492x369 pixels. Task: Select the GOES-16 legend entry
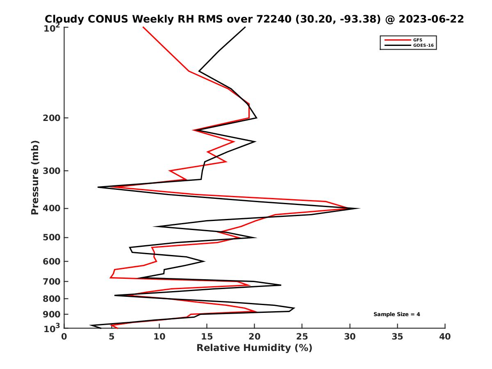(x=423, y=46)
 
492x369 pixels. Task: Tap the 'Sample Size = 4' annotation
(x=396, y=314)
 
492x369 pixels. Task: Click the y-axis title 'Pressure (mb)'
(x=35, y=177)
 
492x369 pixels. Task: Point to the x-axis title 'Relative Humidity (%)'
(x=254, y=348)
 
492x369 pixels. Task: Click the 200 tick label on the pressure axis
(x=52, y=118)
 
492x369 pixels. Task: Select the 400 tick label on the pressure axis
(x=52, y=208)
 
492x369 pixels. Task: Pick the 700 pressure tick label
(x=52, y=282)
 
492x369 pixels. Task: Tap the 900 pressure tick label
(x=52, y=314)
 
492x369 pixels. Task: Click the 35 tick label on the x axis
(x=397, y=337)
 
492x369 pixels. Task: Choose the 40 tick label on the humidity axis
(x=445, y=337)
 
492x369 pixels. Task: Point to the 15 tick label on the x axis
(x=207, y=337)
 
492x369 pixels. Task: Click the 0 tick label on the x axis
(x=64, y=337)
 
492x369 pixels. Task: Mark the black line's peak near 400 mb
(x=359, y=208)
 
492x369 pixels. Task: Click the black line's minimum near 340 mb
(x=98, y=187)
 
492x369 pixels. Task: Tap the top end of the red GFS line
(x=143, y=27)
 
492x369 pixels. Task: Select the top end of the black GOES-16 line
(x=245, y=27)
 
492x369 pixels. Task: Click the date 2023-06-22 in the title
(x=431, y=19)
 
